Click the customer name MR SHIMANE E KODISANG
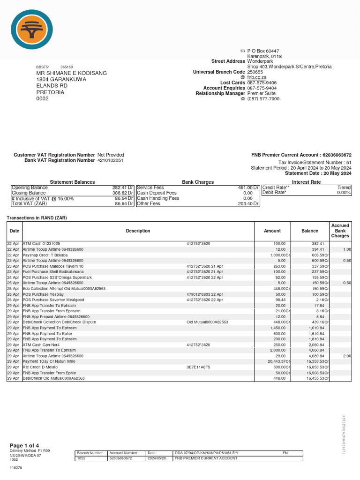(72, 73)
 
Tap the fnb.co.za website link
(257, 77)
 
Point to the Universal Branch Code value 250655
(255, 72)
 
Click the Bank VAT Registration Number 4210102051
(110, 160)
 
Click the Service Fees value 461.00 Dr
(248, 187)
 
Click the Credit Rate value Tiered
(344, 187)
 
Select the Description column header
(138, 231)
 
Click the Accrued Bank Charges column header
(340, 231)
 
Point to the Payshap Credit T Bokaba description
(46, 255)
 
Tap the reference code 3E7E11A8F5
(199, 367)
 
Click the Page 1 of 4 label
(24, 445)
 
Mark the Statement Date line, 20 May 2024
(321, 173)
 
